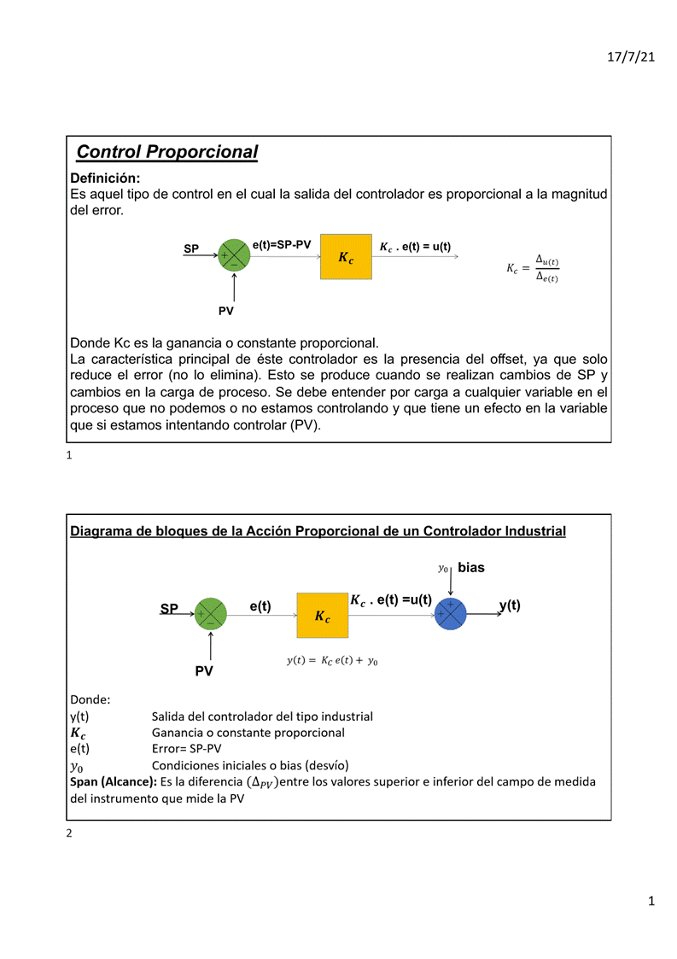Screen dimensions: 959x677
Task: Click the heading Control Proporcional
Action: (166, 152)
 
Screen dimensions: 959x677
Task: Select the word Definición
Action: (104, 178)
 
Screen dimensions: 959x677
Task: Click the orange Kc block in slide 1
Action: (346, 256)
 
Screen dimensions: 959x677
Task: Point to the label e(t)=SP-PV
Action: (282, 245)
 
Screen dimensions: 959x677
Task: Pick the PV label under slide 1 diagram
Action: (225, 312)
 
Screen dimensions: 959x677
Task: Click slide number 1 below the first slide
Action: (69, 456)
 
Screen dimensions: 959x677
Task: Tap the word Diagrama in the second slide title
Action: (101, 531)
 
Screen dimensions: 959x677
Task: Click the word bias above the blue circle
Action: (471, 567)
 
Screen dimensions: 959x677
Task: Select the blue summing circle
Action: (450, 613)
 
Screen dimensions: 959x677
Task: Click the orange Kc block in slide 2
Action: (323, 615)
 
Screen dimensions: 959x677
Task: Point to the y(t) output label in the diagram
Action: (510, 605)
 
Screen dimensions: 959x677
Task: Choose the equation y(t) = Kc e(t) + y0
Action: (332, 661)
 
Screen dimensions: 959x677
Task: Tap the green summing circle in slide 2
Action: (210, 614)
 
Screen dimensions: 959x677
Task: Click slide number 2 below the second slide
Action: (69, 833)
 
